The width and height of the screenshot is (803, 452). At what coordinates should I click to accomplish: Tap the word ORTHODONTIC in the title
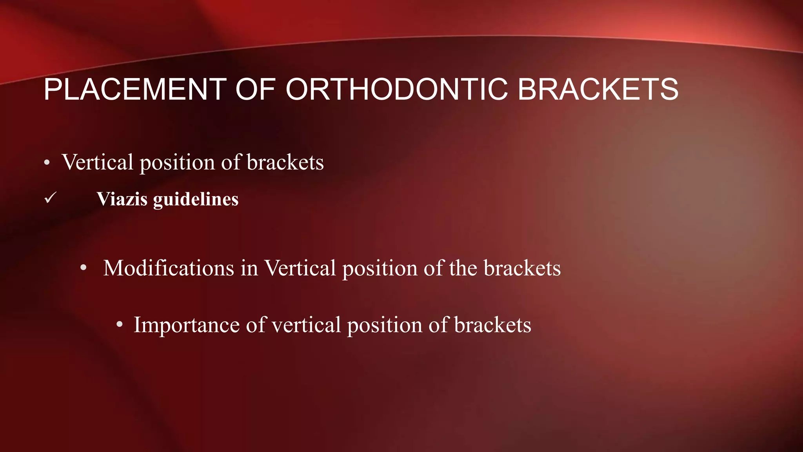point(397,89)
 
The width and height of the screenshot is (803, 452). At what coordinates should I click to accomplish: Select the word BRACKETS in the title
point(598,89)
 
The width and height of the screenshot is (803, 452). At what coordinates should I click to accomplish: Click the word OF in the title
point(255,89)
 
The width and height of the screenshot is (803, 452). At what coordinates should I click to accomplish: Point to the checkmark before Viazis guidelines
point(51,198)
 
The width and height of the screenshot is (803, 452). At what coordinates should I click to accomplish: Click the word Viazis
point(122,199)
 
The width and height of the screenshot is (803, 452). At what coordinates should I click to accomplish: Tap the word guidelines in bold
point(196,199)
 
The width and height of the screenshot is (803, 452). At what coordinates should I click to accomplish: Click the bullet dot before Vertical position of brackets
point(47,163)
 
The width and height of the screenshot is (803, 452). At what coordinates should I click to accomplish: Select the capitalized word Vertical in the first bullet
point(98,162)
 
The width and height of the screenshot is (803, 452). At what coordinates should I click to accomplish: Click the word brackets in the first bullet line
point(285,162)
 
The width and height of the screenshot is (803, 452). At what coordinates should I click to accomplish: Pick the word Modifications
point(169,268)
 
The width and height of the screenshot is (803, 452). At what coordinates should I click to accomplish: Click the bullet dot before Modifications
point(83,268)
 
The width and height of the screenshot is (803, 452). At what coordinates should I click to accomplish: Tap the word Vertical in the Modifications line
point(300,268)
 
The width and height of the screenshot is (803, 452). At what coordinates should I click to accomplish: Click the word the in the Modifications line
point(463,268)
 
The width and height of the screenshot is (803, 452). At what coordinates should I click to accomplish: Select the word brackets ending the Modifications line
point(522,268)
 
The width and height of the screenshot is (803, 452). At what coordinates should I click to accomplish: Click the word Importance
point(187,325)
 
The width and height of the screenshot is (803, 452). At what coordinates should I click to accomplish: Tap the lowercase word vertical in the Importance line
point(306,325)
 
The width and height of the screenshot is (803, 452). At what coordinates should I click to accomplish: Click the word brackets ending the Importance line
point(492,325)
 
